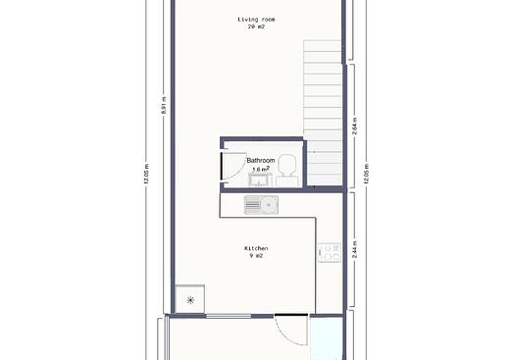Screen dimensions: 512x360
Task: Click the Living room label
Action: (x=256, y=20)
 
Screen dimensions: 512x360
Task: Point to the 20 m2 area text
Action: (x=256, y=26)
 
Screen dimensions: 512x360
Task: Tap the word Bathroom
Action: (x=261, y=161)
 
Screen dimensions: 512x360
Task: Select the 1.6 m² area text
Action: (x=261, y=169)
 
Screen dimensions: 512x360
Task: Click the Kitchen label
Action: (x=256, y=248)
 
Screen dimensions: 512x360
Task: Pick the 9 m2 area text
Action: (x=256, y=256)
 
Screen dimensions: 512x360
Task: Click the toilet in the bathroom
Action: (x=287, y=170)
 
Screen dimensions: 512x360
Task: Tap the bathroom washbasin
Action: (x=260, y=180)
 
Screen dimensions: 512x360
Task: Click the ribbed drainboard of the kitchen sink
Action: (x=252, y=205)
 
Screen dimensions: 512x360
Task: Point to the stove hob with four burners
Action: (x=330, y=252)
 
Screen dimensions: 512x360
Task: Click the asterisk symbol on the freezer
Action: (x=190, y=300)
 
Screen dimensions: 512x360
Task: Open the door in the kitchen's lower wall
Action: (x=291, y=331)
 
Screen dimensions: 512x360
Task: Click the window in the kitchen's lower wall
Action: (x=229, y=316)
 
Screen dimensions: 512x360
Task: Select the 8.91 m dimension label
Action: (x=165, y=105)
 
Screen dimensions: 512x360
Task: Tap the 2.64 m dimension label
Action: (x=355, y=127)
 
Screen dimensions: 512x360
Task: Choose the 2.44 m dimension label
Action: (x=355, y=249)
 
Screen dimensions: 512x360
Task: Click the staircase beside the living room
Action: (x=323, y=113)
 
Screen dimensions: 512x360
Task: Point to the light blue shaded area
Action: (x=327, y=338)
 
